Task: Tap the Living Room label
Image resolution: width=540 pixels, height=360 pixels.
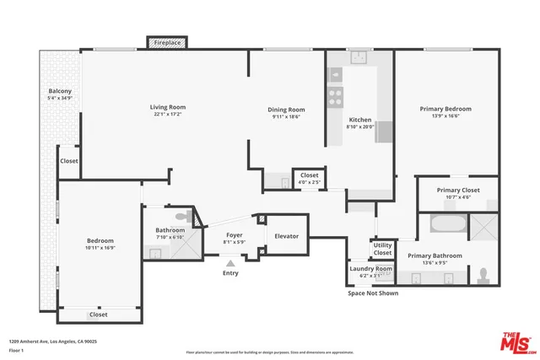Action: click(168, 107)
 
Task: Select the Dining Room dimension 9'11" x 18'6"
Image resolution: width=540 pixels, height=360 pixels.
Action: click(287, 117)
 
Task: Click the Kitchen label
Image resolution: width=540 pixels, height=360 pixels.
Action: click(360, 120)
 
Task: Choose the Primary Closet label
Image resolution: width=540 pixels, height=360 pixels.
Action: click(458, 190)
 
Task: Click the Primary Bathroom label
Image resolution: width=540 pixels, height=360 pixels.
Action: click(435, 255)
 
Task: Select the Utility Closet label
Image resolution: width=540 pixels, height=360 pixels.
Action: click(383, 249)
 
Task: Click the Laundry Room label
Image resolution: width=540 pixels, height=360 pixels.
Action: click(371, 268)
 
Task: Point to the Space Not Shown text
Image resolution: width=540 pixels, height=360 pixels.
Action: click(373, 293)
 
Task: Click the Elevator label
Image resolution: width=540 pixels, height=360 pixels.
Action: click(287, 236)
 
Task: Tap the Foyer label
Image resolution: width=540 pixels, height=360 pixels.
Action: click(234, 235)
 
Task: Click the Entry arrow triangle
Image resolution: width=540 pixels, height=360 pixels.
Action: click(230, 262)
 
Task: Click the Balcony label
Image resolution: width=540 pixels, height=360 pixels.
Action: click(60, 91)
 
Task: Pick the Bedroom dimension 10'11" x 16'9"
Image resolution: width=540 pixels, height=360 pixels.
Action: click(100, 248)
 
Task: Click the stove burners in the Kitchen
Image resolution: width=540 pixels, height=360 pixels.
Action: click(335, 94)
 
